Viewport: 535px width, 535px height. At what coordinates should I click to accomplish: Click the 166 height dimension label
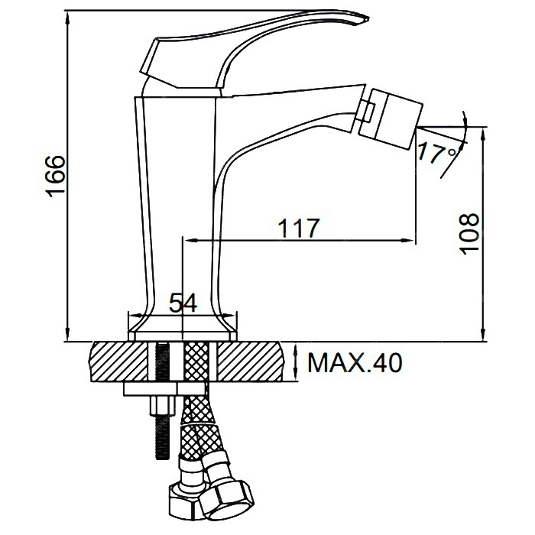point(55,177)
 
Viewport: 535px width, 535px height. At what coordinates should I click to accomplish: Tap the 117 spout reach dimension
point(300,228)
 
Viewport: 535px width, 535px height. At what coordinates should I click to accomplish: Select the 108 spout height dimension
point(469,234)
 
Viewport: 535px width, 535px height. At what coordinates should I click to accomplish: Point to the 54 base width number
point(183,303)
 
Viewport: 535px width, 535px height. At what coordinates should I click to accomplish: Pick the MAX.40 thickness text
point(355,363)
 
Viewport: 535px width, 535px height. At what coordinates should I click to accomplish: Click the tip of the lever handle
point(368,18)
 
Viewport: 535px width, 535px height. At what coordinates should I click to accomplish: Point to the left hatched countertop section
point(118,362)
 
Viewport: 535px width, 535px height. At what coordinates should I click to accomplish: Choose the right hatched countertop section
point(251,362)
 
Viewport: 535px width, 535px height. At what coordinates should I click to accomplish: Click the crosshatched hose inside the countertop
point(196,362)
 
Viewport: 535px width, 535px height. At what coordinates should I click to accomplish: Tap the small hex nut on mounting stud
point(162,406)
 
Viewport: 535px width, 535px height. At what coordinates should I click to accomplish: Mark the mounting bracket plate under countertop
point(165,389)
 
